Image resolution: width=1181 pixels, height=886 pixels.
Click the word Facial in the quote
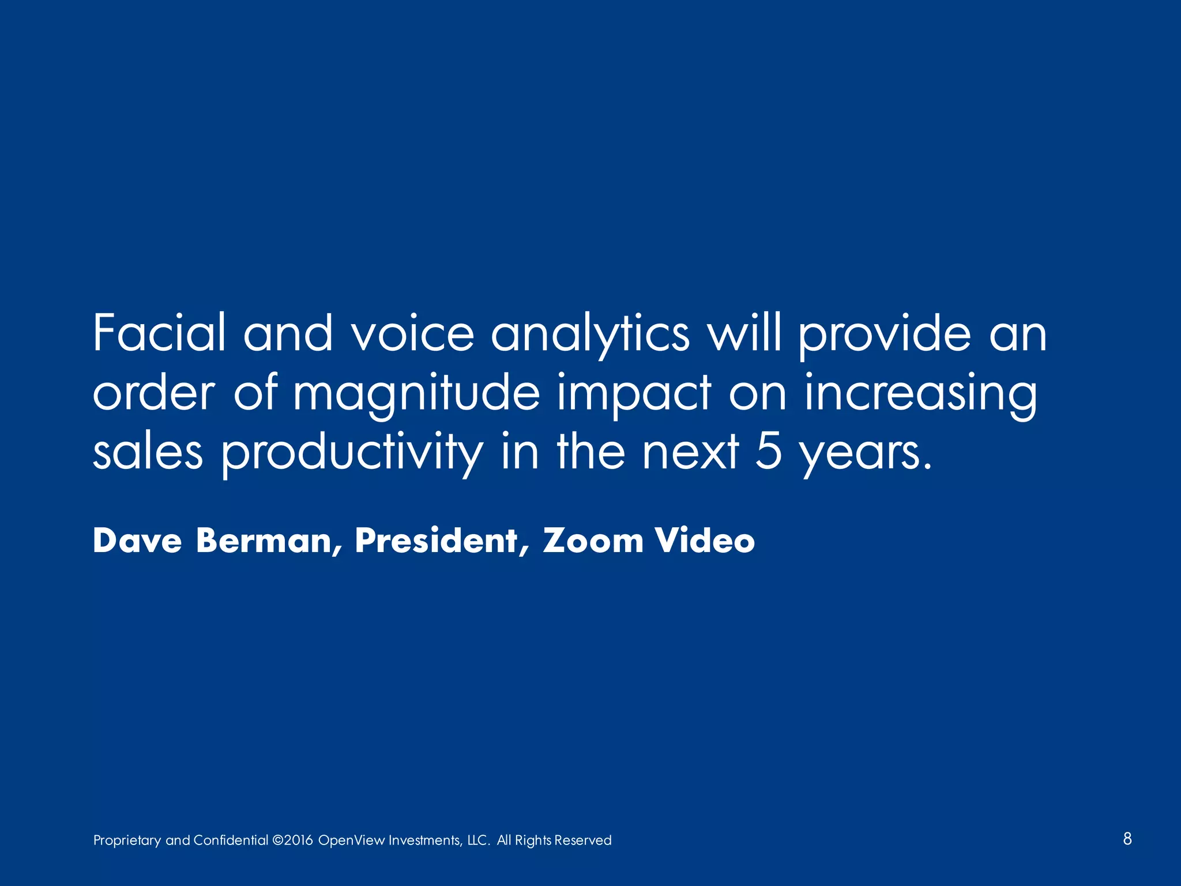click(x=159, y=333)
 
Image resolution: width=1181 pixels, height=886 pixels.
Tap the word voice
click(x=413, y=333)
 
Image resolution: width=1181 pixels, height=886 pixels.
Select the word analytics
click(x=590, y=335)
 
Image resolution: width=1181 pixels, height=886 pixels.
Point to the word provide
click(x=885, y=335)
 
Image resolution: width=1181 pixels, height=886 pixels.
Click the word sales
click(x=148, y=452)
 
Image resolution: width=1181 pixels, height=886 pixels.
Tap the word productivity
click(x=352, y=453)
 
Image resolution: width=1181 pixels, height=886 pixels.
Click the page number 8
click(x=1127, y=839)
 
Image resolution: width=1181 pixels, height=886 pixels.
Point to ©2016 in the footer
click(x=292, y=840)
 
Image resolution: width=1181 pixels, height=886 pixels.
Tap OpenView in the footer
click(x=351, y=840)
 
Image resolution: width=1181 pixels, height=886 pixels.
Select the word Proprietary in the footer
click(x=127, y=840)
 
